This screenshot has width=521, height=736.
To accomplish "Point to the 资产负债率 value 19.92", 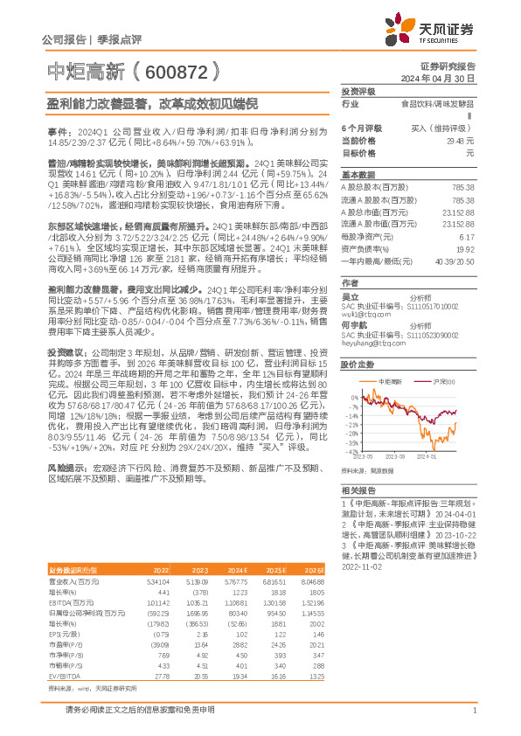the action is [465, 248].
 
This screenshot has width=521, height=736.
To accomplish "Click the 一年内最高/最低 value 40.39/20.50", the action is [456, 260].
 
